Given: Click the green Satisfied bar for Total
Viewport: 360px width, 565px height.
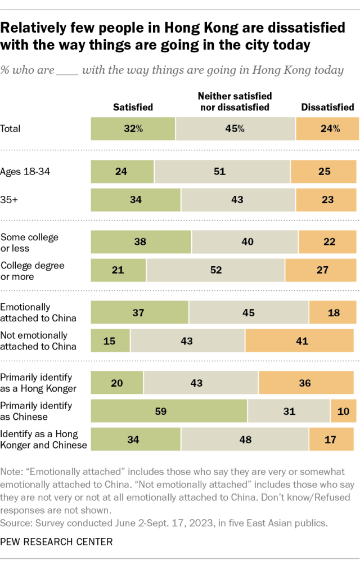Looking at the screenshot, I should click(133, 129).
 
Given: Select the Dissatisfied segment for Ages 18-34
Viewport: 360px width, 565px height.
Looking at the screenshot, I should click(323, 172).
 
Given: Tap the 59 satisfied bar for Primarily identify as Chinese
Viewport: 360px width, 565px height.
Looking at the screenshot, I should click(169, 410).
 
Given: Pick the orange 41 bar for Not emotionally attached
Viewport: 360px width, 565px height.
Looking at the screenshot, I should click(299, 341).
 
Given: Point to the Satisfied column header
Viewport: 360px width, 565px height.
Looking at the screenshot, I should click(133, 107).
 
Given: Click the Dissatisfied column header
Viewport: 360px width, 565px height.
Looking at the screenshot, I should click(327, 107).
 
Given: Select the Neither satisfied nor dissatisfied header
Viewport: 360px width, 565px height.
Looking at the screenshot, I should click(233, 102).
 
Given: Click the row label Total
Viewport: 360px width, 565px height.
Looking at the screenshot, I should click(11, 129).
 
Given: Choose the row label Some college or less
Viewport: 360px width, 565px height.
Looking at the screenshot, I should click(29, 243).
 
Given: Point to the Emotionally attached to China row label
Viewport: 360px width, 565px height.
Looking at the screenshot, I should click(38, 313).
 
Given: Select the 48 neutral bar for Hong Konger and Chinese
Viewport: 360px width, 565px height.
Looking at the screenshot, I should click(245, 438).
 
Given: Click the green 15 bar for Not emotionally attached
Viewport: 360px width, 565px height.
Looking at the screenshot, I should click(110, 341).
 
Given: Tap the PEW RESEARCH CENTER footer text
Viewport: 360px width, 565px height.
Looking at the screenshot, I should click(56, 542).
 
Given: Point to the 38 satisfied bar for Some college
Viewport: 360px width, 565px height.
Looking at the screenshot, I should click(141, 242).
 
